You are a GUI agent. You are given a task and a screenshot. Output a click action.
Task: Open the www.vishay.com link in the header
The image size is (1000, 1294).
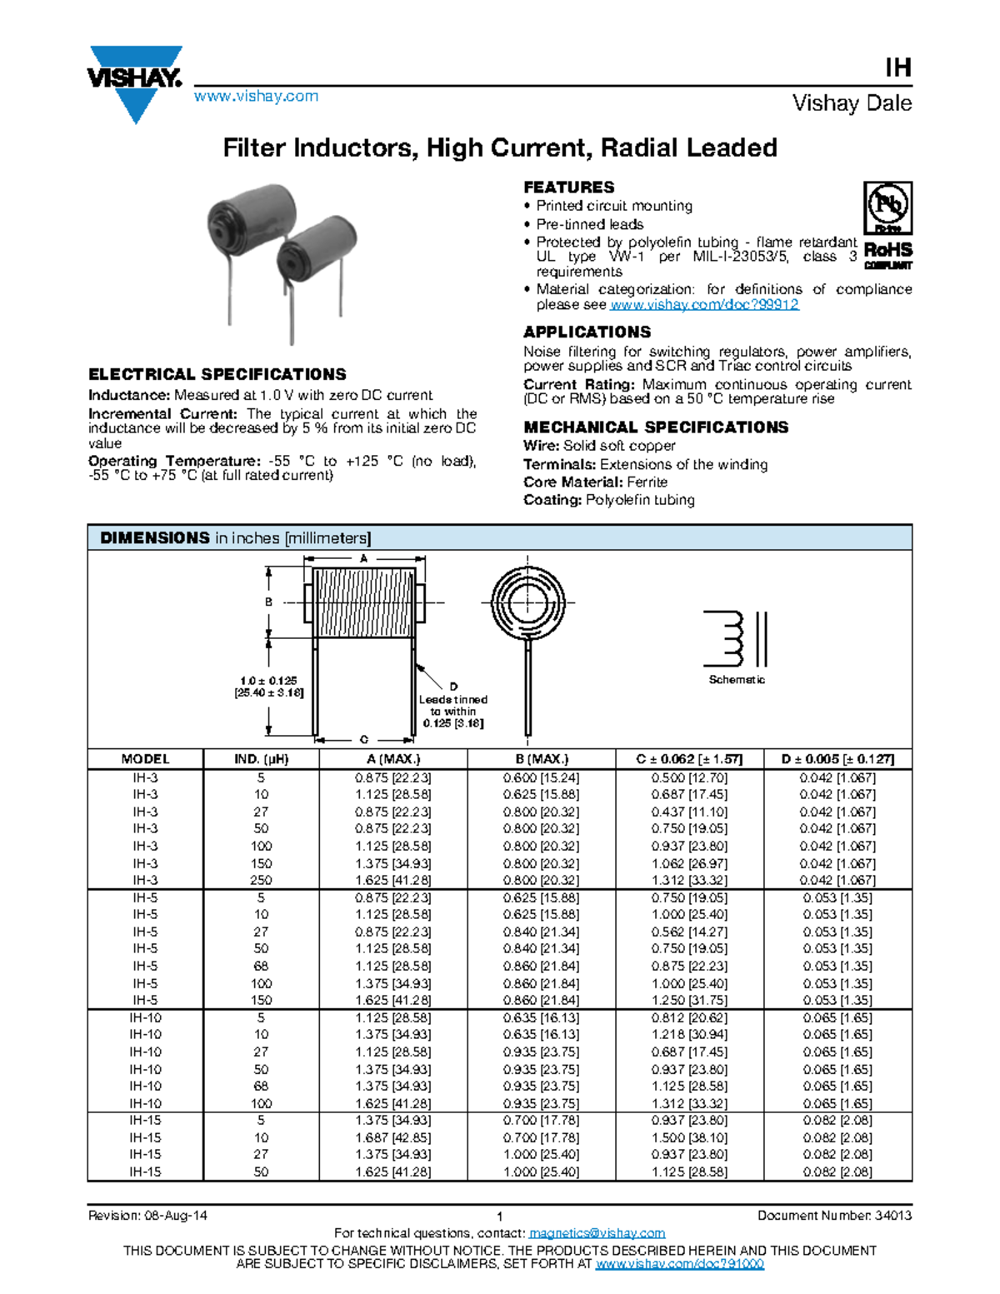[256, 96]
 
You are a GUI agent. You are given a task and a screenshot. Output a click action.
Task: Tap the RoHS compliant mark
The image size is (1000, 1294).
[887, 254]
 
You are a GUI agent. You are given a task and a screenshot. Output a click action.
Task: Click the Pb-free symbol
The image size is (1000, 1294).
[887, 207]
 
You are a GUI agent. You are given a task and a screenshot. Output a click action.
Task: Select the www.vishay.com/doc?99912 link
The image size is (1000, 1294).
[704, 305]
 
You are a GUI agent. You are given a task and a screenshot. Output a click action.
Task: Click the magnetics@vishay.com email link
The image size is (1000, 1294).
[597, 1233]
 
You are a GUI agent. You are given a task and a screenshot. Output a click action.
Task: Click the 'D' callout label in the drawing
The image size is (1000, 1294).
[453, 687]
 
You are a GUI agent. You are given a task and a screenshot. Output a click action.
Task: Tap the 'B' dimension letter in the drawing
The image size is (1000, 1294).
[268, 602]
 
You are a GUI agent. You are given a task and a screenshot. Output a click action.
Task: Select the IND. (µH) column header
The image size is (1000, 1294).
[261, 759]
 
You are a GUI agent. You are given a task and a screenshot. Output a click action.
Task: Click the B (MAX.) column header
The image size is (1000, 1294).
[541, 759]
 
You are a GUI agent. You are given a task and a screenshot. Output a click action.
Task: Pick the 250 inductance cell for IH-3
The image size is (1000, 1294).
[261, 881]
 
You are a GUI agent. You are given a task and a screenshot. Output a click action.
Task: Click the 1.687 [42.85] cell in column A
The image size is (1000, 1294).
[393, 1137]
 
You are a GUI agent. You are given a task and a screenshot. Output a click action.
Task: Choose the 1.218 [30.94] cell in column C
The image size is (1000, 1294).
[689, 1035]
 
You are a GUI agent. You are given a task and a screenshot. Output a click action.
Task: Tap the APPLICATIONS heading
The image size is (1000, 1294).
[587, 332]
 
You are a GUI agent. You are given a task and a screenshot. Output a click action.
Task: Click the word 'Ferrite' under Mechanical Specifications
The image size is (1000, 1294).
[647, 482]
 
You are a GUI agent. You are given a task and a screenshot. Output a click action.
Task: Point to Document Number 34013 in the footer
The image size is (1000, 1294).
[834, 1216]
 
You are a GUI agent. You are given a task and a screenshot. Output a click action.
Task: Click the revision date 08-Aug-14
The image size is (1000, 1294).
[176, 1216]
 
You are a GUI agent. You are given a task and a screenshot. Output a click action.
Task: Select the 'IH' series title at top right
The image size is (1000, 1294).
[897, 67]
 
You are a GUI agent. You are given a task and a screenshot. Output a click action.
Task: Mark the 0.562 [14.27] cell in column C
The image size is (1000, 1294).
[689, 932]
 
